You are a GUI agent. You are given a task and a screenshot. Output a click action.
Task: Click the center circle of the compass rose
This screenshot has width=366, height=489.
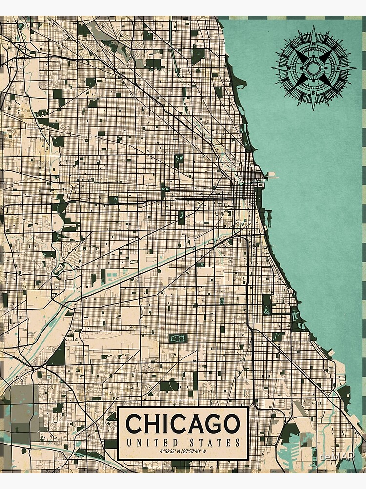(314, 67)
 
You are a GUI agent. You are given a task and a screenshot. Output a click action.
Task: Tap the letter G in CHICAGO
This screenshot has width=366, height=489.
(213, 423)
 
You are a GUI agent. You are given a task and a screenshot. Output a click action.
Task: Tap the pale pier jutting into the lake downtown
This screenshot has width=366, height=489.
(271, 175)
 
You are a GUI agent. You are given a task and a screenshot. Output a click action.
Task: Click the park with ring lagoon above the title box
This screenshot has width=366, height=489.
(178, 338)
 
